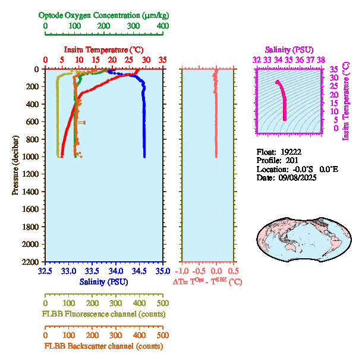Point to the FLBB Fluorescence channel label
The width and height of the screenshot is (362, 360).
point(103,314)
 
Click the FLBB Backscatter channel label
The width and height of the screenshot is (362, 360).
point(103,346)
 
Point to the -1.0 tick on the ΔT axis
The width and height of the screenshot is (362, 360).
point(182,271)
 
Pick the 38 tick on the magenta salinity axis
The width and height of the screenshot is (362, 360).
point(321,60)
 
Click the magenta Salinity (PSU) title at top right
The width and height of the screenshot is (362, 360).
point(288,49)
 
